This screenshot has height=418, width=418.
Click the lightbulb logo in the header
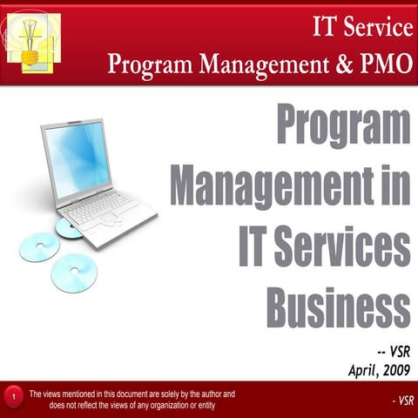pos(34,41)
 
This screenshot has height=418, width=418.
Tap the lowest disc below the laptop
pos(74,273)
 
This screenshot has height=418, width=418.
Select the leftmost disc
pos(39,246)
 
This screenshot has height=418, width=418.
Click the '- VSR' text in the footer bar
pos(402,401)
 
